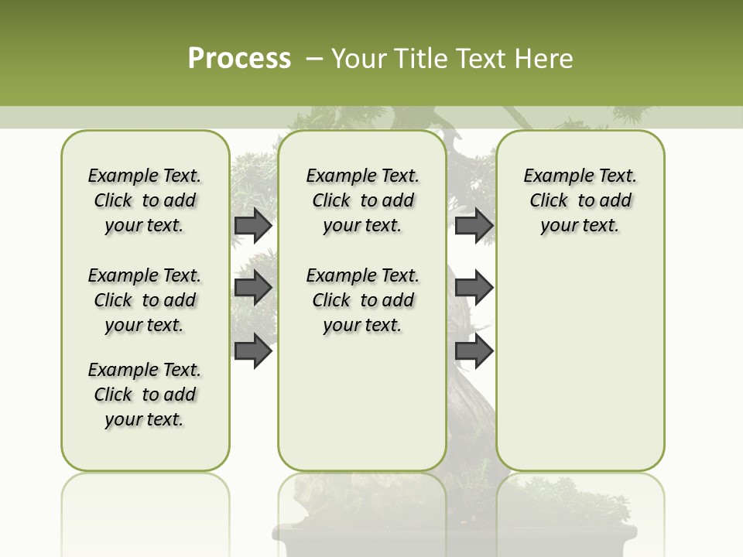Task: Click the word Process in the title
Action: point(239,59)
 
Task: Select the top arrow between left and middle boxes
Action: point(253,225)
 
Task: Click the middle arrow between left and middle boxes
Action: point(253,288)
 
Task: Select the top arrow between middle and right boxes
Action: point(474,225)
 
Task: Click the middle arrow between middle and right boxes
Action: point(474,288)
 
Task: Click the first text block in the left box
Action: point(145,200)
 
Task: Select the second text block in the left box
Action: point(145,300)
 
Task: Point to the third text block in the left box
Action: point(145,395)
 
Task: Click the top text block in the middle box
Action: point(362,200)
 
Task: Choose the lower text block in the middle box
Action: point(362,300)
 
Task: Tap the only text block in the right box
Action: point(580,200)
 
